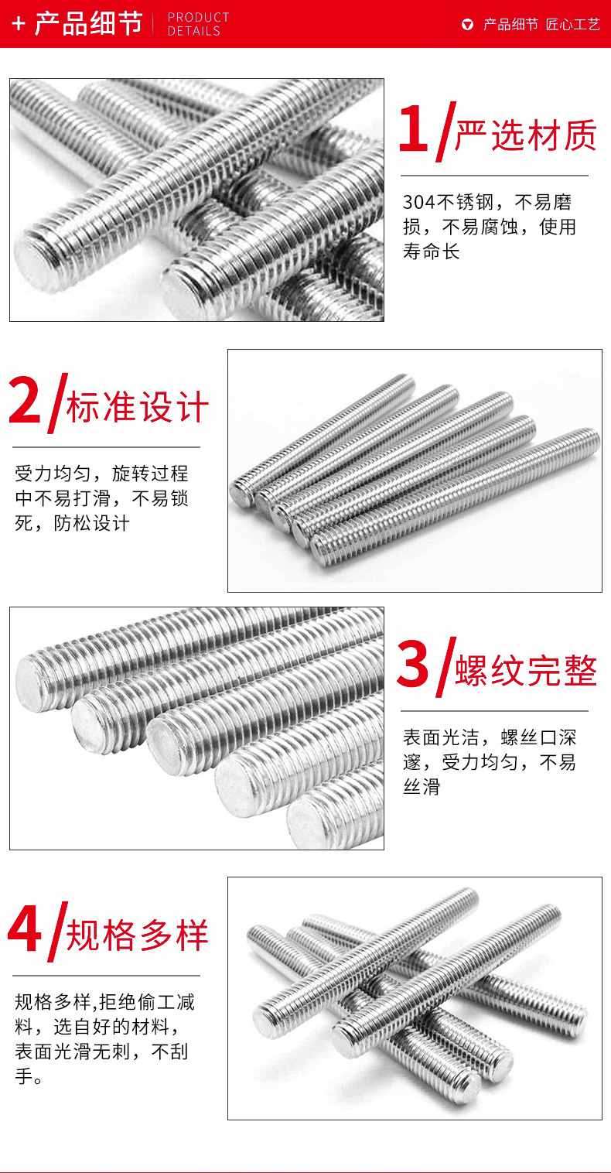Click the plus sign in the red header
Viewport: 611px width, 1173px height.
pyautogui.click(x=19, y=23)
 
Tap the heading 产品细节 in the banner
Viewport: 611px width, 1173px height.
pyautogui.click(x=88, y=23)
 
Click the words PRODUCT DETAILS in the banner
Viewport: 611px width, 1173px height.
pyautogui.click(x=198, y=24)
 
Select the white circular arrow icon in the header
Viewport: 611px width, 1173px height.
pyautogui.click(x=468, y=25)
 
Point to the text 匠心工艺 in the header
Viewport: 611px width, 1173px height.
pyautogui.click(x=572, y=25)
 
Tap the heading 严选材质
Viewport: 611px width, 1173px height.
pyautogui.click(x=525, y=135)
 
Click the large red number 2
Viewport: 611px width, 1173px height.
pyautogui.click(x=24, y=400)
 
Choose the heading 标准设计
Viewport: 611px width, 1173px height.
pyautogui.click(x=137, y=406)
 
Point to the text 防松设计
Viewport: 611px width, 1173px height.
pyautogui.click(x=91, y=523)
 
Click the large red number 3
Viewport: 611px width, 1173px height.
pyautogui.click(x=412, y=664)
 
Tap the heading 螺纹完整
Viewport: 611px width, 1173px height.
pyautogui.click(x=526, y=670)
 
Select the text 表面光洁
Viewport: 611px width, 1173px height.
pyautogui.click(x=441, y=737)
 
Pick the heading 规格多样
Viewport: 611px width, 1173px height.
pyautogui.click(x=137, y=935)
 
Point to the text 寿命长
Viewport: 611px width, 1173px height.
pyautogui.click(x=431, y=252)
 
